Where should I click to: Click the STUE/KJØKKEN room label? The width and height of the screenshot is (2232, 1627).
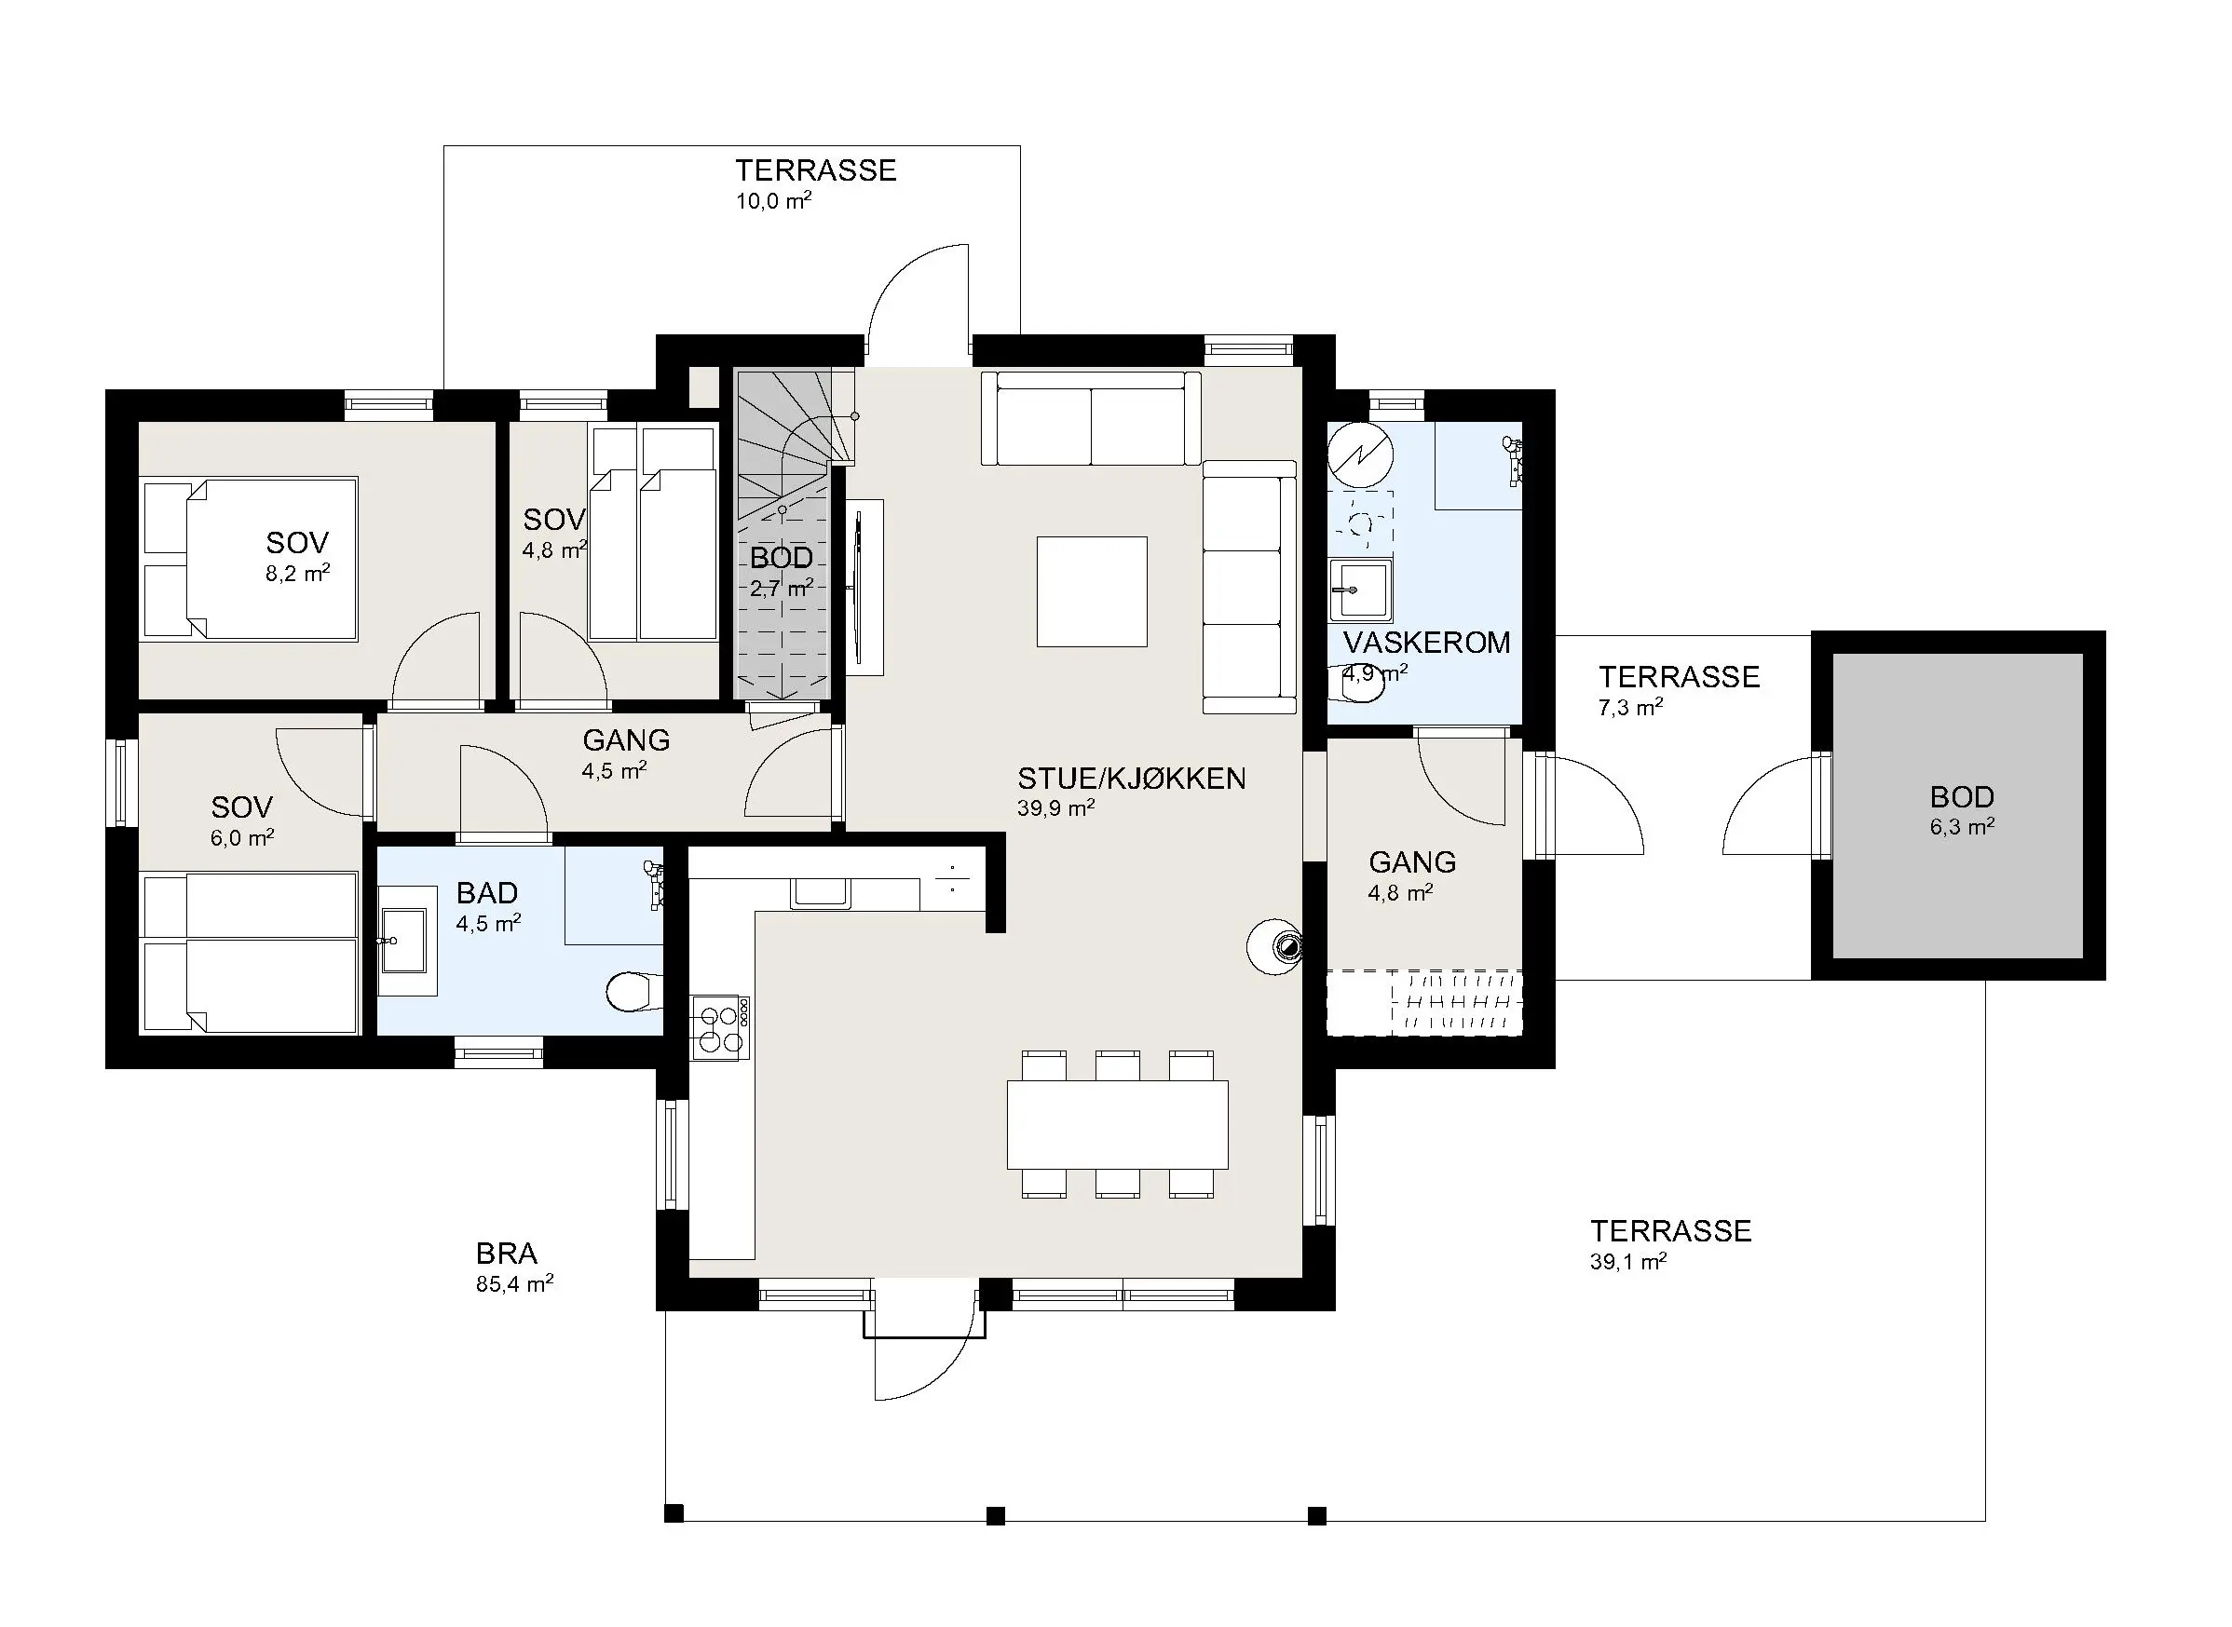[1132, 779]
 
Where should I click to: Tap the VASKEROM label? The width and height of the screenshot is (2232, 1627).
[1426, 644]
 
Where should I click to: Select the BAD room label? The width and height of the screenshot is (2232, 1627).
[486, 893]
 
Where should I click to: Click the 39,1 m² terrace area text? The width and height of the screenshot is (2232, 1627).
[1628, 1262]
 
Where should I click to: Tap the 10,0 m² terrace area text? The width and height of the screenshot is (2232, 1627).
[774, 202]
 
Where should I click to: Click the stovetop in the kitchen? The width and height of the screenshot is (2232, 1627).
[720, 1027]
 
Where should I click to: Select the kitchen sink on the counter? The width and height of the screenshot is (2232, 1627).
[821, 892]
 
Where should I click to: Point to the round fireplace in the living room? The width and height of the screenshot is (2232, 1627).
[1276, 946]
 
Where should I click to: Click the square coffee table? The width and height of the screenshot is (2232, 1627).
[1092, 592]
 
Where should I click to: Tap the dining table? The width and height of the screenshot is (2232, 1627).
[1117, 1125]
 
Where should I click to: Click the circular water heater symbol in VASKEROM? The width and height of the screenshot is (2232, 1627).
[1360, 456]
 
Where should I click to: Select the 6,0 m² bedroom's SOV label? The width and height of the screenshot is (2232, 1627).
[241, 807]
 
